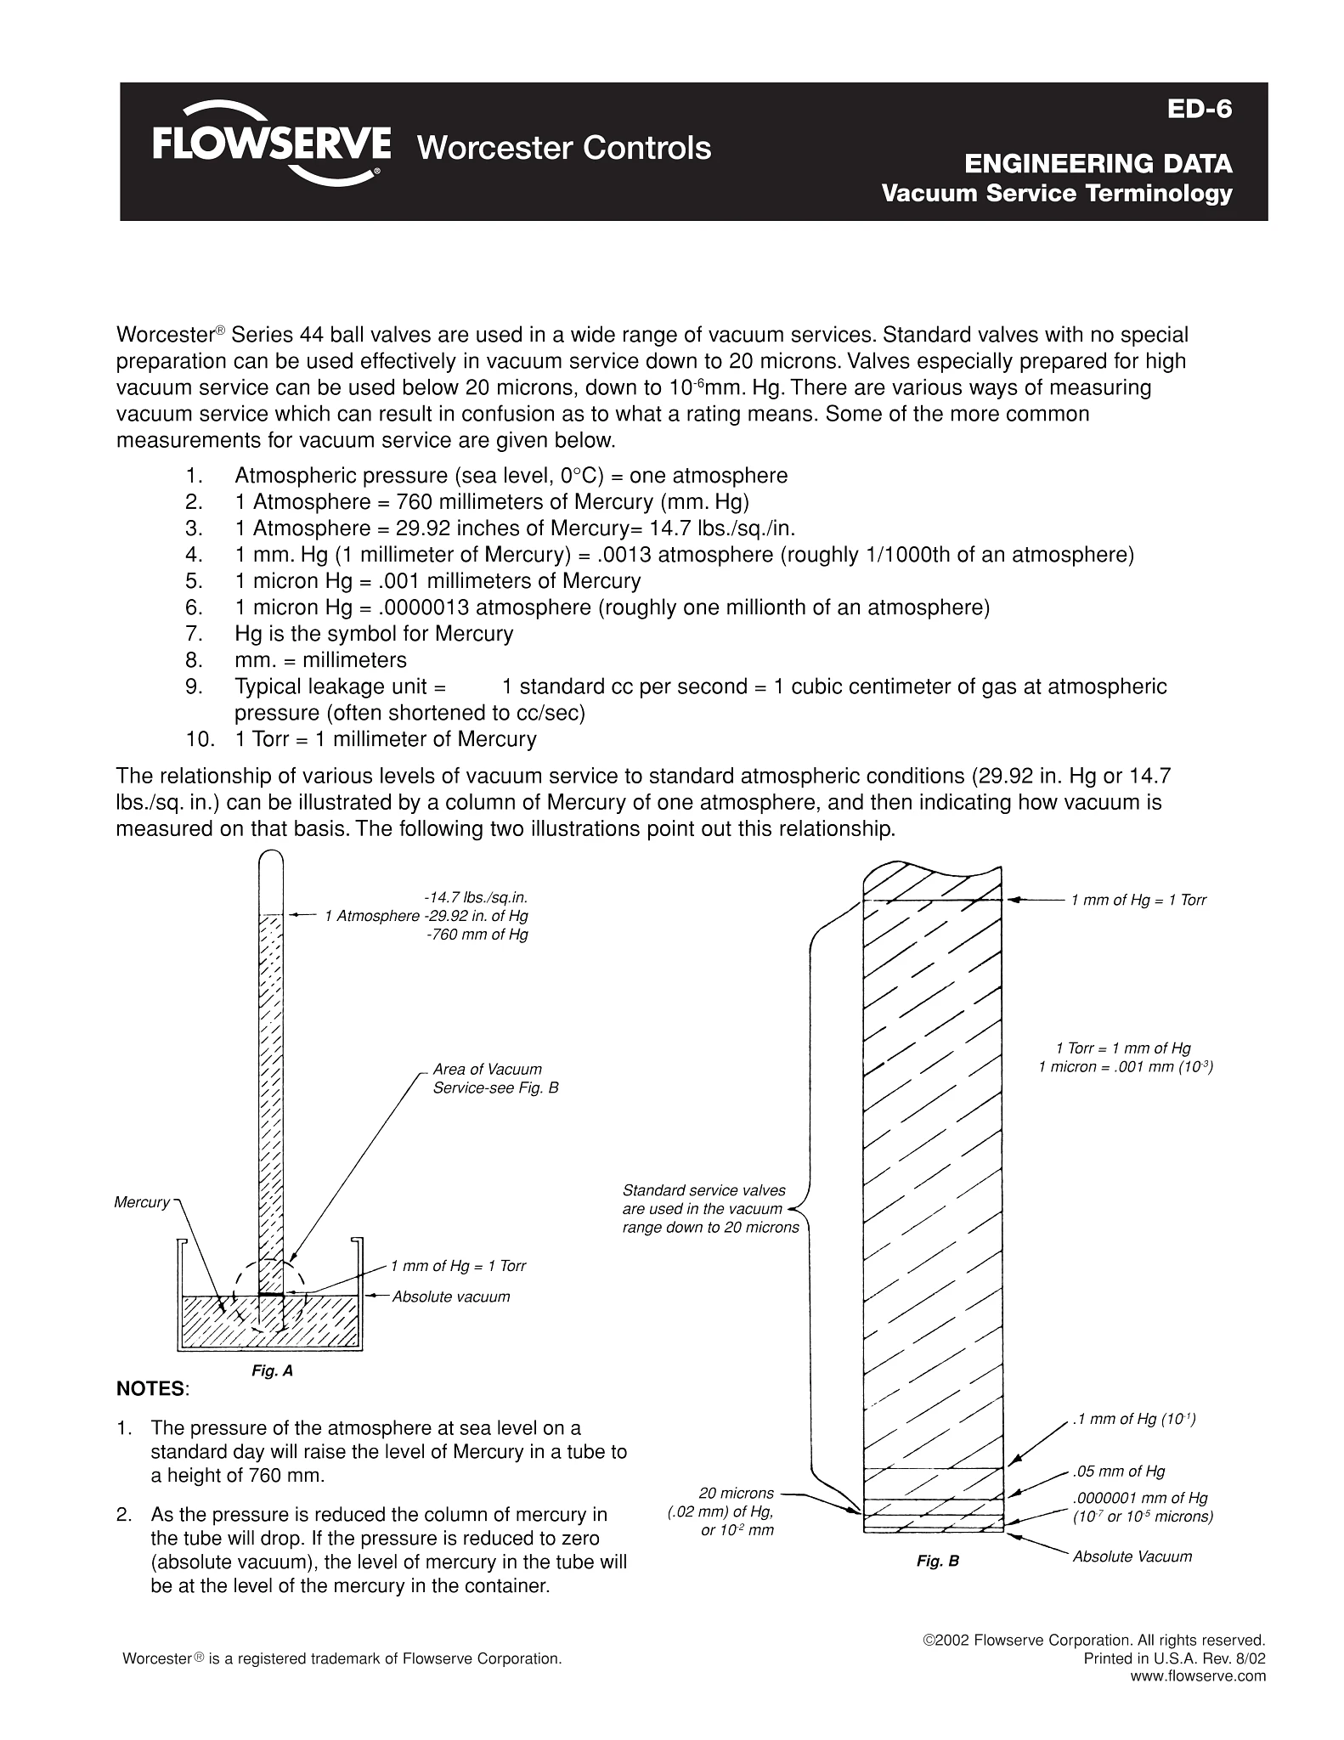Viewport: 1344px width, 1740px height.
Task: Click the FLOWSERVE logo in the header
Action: [x=271, y=143]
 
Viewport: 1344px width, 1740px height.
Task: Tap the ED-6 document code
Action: [x=1199, y=110]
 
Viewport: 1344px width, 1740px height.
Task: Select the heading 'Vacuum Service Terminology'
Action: [x=1056, y=194]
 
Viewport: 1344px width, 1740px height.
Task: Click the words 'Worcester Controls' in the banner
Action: [x=564, y=148]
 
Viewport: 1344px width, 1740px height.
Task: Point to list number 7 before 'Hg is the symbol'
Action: [x=193, y=634]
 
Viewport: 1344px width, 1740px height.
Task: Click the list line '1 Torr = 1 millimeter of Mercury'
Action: [x=385, y=739]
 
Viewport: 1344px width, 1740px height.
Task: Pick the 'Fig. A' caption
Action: [x=272, y=1371]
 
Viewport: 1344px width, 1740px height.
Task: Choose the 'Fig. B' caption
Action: [x=937, y=1562]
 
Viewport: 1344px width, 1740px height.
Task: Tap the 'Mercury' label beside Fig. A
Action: [x=142, y=1202]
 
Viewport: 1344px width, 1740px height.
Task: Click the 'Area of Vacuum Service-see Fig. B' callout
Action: [x=495, y=1078]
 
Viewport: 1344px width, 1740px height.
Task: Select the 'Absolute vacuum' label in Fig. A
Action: [x=451, y=1297]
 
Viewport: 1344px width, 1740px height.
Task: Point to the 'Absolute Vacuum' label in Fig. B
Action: [x=1132, y=1556]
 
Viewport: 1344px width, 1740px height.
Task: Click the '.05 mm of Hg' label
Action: [x=1119, y=1472]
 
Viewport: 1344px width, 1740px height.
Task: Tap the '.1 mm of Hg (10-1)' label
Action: [x=1134, y=1419]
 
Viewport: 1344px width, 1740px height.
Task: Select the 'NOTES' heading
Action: [x=150, y=1389]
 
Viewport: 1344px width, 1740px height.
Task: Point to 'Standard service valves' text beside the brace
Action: [x=704, y=1190]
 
